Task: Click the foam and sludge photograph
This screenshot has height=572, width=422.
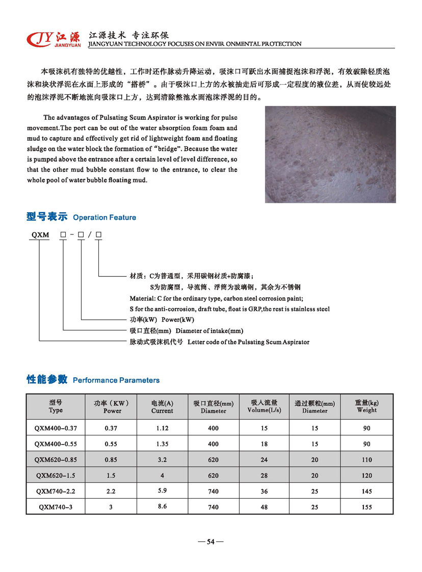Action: (x=330, y=154)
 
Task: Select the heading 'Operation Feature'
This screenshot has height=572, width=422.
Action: (x=104, y=218)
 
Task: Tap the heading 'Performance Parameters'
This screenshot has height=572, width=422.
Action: (x=116, y=380)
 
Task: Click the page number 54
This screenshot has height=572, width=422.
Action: (x=210, y=542)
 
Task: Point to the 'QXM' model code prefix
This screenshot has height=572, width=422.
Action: (x=40, y=235)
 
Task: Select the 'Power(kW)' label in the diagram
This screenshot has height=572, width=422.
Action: (x=178, y=320)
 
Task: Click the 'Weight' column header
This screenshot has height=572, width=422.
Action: (x=366, y=410)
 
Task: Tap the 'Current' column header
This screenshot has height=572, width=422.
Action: (x=162, y=411)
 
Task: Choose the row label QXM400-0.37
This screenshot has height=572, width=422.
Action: (x=56, y=428)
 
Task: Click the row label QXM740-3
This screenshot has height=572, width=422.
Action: (x=56, y=507)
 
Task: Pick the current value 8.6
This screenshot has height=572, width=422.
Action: (x=162, y=506)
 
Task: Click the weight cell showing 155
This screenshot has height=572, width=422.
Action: (x=366, y=507)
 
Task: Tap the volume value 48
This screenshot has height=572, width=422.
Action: (x=264, y=507)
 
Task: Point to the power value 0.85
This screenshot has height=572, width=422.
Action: (x=111, y=460)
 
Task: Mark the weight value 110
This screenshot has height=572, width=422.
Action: (x=366, y=460)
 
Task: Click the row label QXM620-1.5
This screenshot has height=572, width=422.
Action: (x=56, y=476)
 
